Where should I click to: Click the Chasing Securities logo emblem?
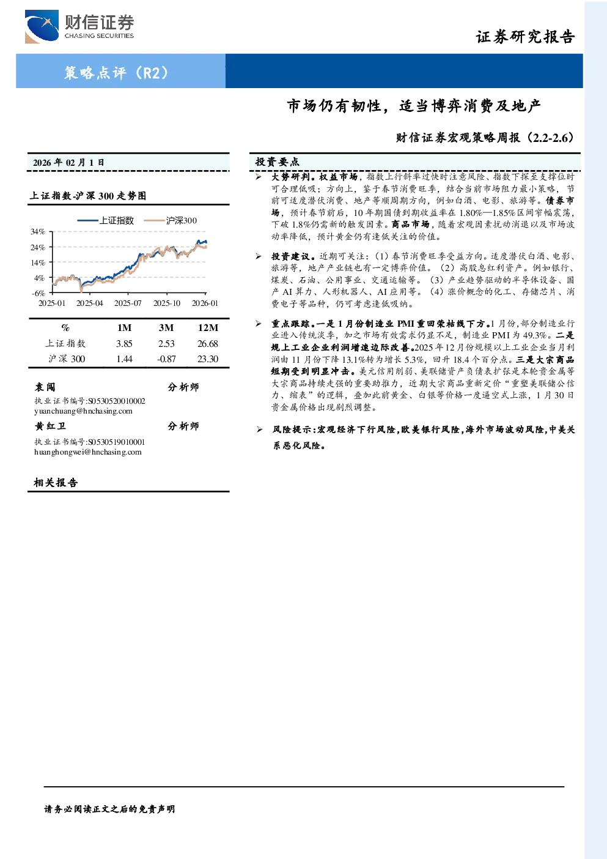point(42,26)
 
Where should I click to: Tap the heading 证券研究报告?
point(525,37)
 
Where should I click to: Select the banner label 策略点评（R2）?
point(116,72)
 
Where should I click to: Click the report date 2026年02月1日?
point(68,163)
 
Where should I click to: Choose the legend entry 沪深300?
point(170,220)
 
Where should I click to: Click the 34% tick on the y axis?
point(38,232)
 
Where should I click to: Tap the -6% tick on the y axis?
point(39,293)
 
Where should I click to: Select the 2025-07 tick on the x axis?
point(128,303)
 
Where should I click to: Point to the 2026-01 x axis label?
point(205,303)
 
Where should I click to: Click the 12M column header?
point(208,328)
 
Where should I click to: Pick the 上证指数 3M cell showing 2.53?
point(166,344)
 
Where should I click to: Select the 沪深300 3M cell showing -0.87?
point(166,359)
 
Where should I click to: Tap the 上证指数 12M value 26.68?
point(208,344)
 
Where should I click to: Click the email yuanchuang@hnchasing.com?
point(83,411)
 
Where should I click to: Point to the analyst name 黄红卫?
point(50,426)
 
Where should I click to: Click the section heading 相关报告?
point(56,482)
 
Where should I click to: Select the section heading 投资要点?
point(278,162)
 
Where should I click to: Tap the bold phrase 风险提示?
point(292,429)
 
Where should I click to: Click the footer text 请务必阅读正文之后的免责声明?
point(109,809)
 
